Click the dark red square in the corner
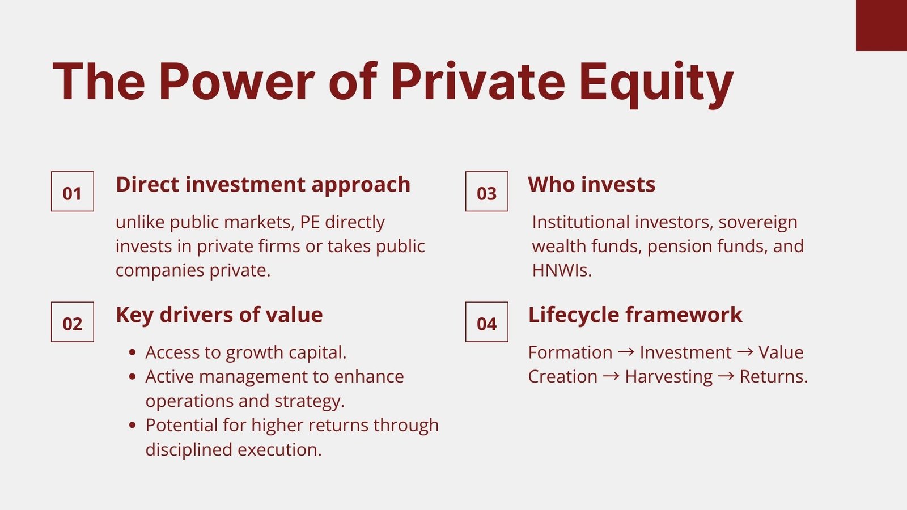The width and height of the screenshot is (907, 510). click(x=881, y=25)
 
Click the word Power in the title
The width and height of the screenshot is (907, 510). click(x=237, y=82)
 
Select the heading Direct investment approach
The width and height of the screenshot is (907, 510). click(x=263, y=185)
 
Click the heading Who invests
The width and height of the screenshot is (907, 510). click(x=592, y=185)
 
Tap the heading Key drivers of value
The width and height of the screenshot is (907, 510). click(x=219, y=315)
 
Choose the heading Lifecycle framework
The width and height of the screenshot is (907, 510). click(x=635, y=315)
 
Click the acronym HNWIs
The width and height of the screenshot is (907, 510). click(x=562, y=270)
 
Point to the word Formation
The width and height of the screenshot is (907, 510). click(x=570, y=352)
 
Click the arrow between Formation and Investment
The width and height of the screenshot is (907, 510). click(x=626, y=352)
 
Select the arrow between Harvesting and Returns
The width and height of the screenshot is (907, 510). click(x=726, y=376)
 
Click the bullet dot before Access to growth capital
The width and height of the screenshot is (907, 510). click(x=132, y=352)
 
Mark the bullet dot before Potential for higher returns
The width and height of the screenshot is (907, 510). click(x=132, y=426)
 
